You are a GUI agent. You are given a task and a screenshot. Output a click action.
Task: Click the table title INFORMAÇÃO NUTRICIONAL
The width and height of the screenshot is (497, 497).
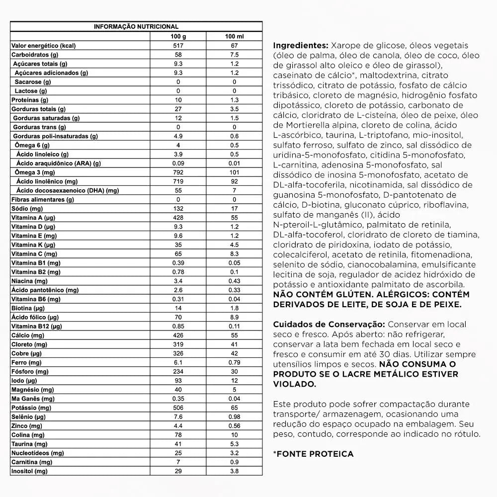click(x=136, y=27)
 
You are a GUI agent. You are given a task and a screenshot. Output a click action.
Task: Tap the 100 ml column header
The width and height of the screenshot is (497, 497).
click(x=234, y=36)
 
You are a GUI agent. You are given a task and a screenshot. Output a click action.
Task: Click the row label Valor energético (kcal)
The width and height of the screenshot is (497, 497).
click(x=43, y=46)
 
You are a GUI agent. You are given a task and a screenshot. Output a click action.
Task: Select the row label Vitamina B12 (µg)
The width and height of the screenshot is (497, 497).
click(x=36, y=327)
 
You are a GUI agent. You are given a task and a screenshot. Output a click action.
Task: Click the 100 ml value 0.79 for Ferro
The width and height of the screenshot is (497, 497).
click(x=234, y=362)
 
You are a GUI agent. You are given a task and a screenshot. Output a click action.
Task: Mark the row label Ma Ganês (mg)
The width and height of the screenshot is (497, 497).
click(x=33, y=399)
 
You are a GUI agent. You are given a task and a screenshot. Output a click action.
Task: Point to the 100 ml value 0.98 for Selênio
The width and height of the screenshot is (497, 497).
click(x=234, y=416)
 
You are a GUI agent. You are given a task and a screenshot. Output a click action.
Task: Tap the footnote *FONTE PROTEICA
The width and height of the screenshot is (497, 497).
click(x=313, y=454)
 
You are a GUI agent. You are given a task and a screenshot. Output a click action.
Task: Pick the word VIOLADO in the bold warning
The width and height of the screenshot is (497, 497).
click(x=294, y=384)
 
